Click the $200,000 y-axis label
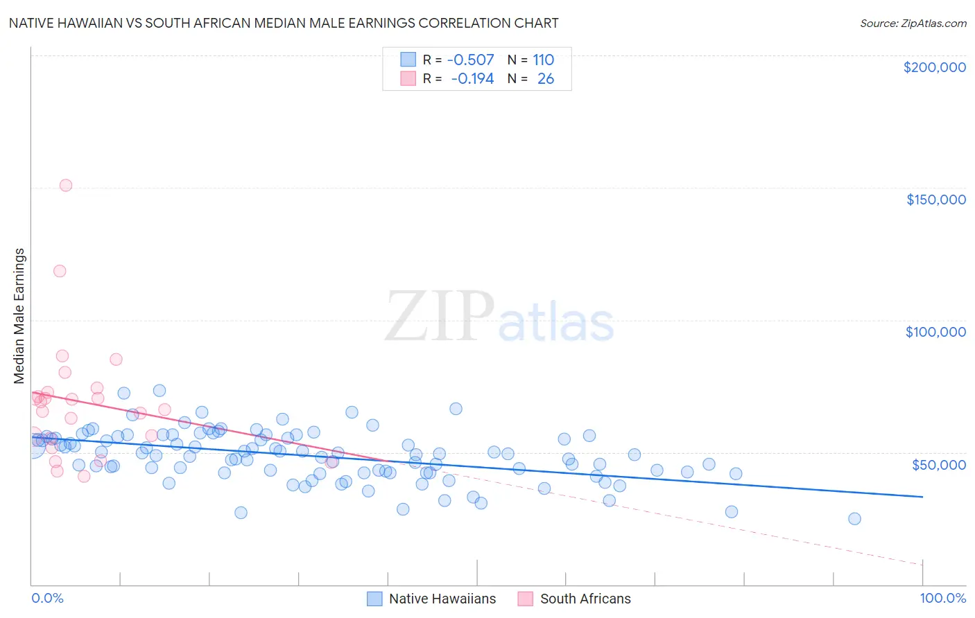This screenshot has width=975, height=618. (934, 67)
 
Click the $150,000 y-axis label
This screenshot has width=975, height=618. (935, 200)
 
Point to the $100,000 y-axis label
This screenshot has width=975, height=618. (935, 332)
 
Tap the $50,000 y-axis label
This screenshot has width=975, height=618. (938, 464)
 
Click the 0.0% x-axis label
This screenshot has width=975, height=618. (47, 598)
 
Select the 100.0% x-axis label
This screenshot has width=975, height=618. (942, 598)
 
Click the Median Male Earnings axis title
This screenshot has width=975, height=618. (19, 316)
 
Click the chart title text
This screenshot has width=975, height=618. (284, 23)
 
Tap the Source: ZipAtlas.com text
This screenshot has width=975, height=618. (913, 24)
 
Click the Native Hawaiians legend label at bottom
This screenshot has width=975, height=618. (442, 599)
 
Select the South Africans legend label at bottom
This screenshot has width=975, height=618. (585, 599)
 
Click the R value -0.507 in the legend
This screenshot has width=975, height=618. (470, 60)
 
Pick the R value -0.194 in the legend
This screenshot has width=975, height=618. (472, 78)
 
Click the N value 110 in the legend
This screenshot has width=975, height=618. (543, 60)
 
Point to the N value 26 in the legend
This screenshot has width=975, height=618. (546, 78)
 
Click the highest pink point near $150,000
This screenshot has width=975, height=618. (66, 185)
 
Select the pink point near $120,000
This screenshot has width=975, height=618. (60, 271)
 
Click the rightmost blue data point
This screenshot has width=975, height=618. (854, 519)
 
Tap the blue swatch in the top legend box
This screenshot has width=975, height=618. (408, 60)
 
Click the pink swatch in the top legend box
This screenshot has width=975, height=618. (408, 78)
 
